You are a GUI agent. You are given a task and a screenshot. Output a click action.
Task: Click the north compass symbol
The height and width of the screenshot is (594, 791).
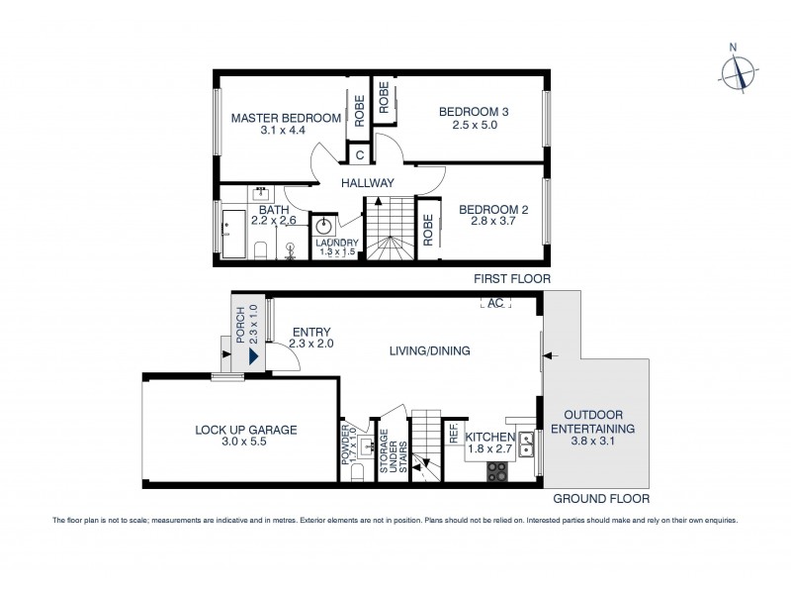coord(733,70)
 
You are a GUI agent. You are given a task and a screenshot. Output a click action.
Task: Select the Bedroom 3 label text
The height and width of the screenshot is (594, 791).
coord(474,112)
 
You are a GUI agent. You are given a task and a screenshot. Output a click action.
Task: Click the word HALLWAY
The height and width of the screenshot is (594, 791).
coord(368,183)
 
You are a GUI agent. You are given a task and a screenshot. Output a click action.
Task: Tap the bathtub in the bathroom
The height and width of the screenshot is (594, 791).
coord(234,234)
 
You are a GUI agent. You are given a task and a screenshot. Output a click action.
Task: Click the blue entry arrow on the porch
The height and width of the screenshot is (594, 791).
coord(256,353)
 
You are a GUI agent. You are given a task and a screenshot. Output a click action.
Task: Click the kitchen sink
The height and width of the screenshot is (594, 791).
coord(526,437)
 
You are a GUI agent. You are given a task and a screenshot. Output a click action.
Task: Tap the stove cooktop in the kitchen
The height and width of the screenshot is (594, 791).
coord(496,470)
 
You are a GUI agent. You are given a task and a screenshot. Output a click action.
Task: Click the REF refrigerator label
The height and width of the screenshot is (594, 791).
coord(453,433)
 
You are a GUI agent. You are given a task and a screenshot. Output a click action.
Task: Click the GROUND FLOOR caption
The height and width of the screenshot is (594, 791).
coord(600,499)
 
